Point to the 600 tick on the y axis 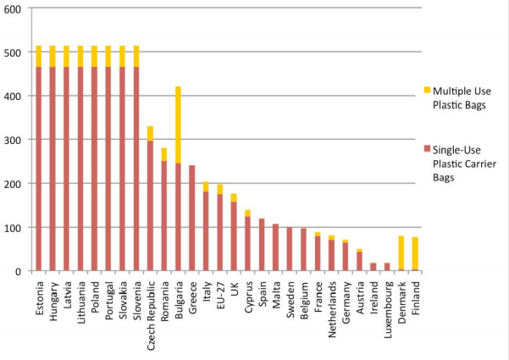(x=13, y=8)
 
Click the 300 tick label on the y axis (x=13, y=139)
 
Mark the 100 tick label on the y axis (x=13, y=227)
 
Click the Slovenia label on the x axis (x=136, y=294)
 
